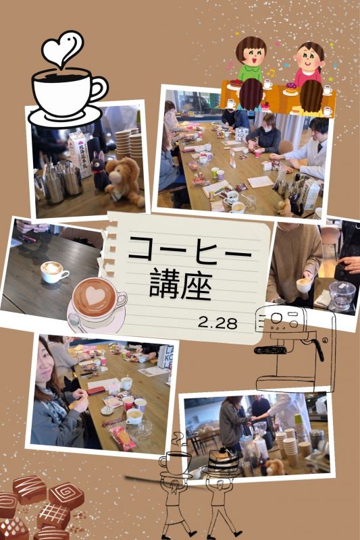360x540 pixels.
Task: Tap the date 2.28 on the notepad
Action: tap(217, 323)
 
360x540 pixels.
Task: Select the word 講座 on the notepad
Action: tap(181, 284)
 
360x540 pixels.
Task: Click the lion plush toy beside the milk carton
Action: tap(125, 181)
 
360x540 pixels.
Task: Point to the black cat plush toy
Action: tap(99, 171)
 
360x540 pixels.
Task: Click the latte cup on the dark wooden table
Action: tap(54, 271)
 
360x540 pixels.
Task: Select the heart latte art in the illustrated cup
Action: tap(95, 296)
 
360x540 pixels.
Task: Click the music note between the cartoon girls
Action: tap(271, 73)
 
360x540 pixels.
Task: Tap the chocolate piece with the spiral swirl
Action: tap(66, 496)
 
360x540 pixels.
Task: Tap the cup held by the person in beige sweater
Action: tap(304, 285)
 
